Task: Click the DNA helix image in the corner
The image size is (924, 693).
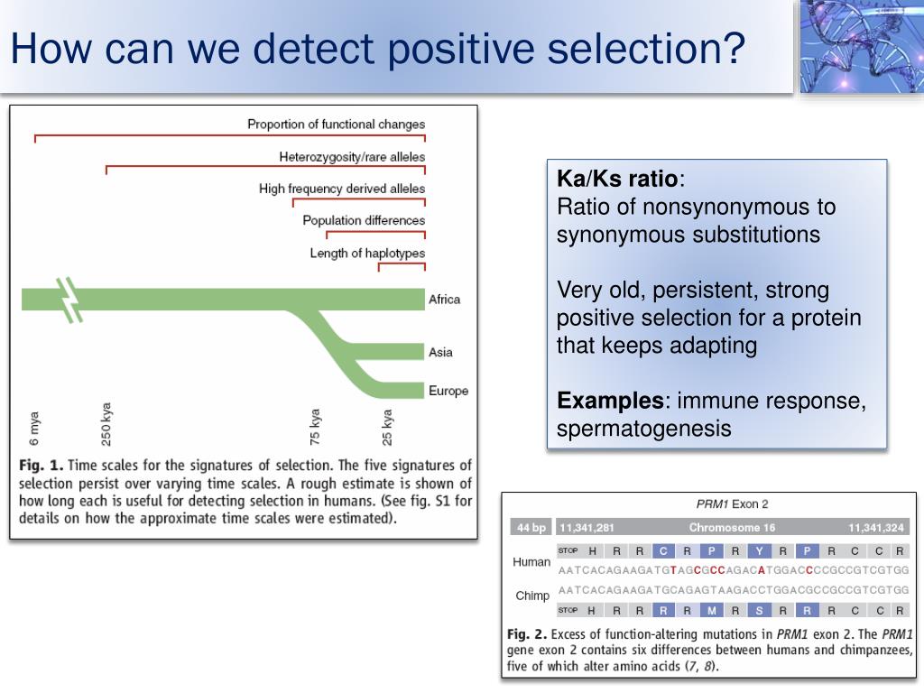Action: point(862,46)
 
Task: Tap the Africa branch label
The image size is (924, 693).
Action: point(444,300)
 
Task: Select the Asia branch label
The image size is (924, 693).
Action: point(440,353)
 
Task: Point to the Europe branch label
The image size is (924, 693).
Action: point(448,391)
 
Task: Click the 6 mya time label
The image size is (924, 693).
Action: point(33,429)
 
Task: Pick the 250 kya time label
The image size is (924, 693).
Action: point(106,424)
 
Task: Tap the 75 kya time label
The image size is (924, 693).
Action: point(315,427)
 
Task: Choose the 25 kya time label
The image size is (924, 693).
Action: point(386,427)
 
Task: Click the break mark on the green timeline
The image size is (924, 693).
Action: point(71,300)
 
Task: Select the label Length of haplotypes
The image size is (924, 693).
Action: point(367,254)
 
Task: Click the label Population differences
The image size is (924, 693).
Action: point(364,220)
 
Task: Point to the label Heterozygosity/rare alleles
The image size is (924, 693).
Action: point(352,157)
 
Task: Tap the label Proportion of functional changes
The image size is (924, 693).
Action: point(336,125)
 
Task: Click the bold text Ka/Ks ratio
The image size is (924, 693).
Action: point(617,178)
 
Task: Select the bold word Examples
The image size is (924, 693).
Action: point(610,401)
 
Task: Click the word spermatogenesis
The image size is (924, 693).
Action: point(643,429)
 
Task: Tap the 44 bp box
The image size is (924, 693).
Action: point(531,527)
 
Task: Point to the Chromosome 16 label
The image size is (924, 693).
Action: point(732,527)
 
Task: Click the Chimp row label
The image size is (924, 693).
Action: point(532,596)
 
